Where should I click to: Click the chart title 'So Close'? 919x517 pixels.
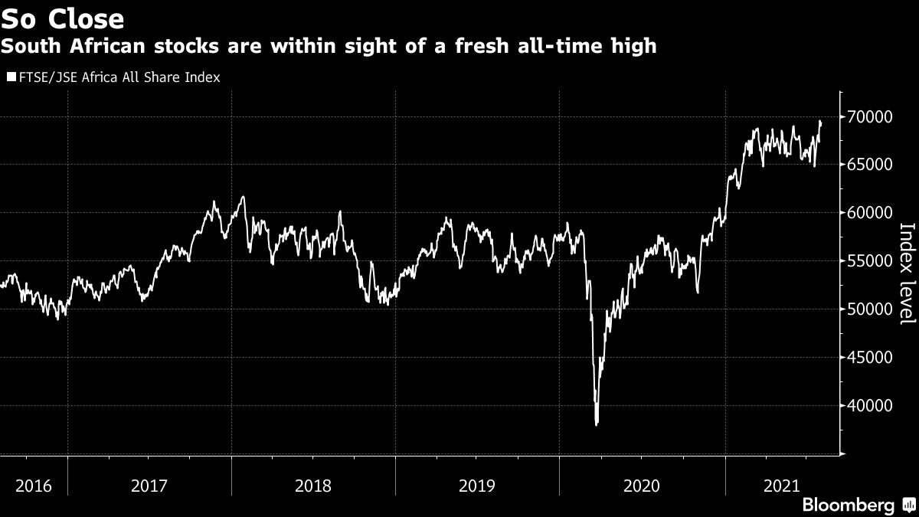(63, 18)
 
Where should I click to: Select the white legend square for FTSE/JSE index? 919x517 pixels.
(11, 77)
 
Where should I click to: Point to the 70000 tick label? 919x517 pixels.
(871, 116)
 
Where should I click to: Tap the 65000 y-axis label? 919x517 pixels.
(871, 165)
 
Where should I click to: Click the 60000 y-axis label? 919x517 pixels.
(871, 213)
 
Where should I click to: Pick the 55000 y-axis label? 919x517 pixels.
(871, 261)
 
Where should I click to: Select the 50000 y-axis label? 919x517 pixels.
(871, 309)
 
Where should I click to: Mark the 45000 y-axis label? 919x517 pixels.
(871, 358)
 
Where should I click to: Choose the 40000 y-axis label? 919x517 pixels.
(871, 406)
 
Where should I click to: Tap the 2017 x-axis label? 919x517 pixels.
(150, 486)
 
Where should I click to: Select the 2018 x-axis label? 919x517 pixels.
(314, 486)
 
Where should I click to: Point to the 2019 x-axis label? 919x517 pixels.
(478, 486)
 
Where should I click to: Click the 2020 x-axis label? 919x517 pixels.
(642, 486)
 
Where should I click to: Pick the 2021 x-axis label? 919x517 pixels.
(783, 486)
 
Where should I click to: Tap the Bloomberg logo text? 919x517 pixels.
(848, 505)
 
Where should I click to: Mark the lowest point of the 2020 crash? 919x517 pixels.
(596, 424)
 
